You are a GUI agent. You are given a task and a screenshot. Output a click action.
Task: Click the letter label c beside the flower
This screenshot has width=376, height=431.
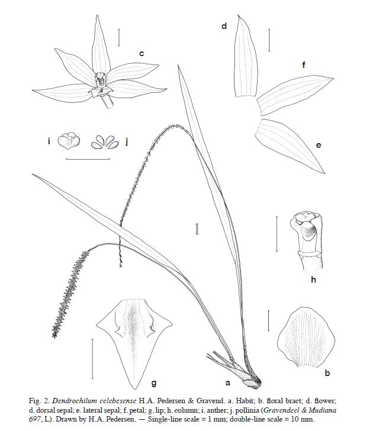pos(142,53)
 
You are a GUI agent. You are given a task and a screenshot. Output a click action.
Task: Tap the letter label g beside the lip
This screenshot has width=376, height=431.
pos(154,383)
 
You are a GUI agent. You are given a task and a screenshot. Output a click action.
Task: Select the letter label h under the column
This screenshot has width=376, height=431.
pos(313,280)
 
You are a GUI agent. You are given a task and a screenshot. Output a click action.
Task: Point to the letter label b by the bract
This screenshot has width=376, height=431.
pos(327,373)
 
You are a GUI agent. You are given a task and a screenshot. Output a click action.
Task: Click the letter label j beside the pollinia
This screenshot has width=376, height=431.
pos(127,141)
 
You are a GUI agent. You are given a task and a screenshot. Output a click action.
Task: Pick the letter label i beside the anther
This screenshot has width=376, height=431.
pos(49,141)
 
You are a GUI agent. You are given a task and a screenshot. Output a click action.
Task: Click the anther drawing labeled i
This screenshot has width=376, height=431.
pos(69,141)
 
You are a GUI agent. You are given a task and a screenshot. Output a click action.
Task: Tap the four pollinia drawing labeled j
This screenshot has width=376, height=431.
pos(105,142)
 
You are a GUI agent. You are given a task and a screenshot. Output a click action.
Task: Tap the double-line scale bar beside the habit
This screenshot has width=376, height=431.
pos(197,229)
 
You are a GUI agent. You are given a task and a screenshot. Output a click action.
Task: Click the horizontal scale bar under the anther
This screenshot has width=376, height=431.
pos(88,158)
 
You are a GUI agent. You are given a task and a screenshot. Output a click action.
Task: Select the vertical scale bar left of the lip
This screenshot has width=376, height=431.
pos(92,359)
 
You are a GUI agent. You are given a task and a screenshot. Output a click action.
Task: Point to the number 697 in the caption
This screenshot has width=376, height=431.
pos(34,419)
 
